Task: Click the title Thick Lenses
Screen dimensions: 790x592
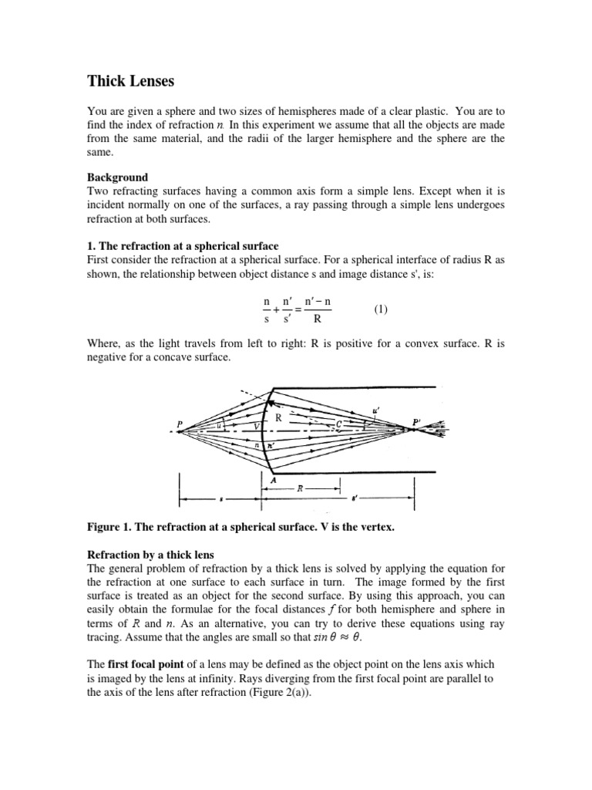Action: (x=132, y=80)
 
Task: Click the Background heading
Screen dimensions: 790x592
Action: (x=116, y=177)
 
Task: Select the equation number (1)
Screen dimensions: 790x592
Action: (x=382, y=309)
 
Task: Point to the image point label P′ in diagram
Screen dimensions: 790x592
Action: (x=417, y=421)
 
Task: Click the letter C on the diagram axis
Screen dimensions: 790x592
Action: (x=338, y=424)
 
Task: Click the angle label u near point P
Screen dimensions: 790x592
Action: (x=220, y=424)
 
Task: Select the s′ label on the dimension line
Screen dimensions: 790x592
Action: (x=375, y=500)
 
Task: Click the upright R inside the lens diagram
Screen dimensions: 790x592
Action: (x=278, y=417)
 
